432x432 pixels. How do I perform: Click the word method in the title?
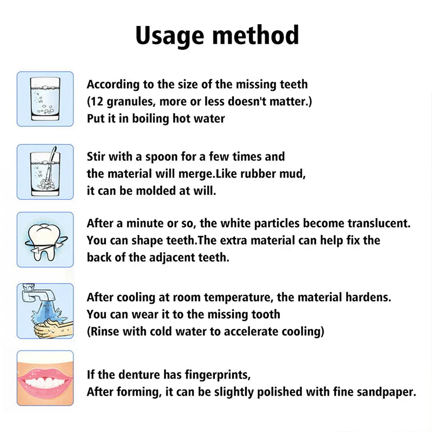click(x=254, y=35)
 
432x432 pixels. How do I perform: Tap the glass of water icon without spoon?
click(x=45, y=99)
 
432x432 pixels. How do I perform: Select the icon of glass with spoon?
click(x=45, y=171)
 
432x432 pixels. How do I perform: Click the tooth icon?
click(x=45, y=239)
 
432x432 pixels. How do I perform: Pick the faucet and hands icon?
click(x=45, y=310)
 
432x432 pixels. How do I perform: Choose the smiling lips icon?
click(x=45, y=378)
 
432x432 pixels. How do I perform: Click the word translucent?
click(x=375, y=223)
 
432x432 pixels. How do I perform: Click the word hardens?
click(x=369, y=297)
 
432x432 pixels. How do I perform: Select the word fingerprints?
click(x=216, y=374)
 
